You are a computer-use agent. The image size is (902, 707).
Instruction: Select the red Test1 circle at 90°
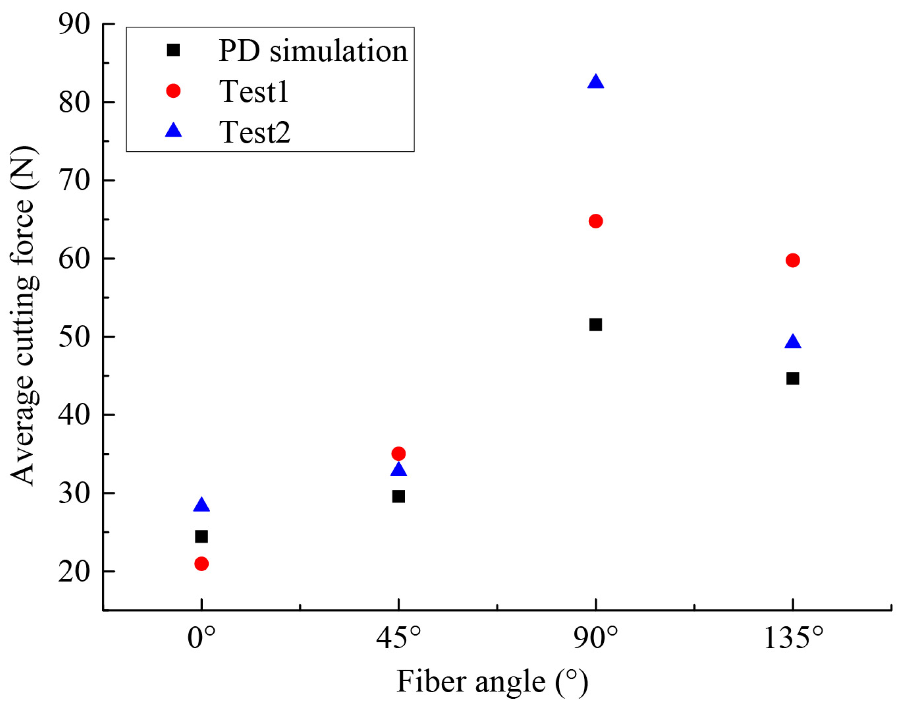tap(596, 221)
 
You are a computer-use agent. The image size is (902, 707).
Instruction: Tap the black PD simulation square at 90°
tap(596, 325)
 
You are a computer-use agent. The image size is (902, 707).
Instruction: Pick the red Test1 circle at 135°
tap(792, 260)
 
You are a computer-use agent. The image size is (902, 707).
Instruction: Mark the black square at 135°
tap(792, 379)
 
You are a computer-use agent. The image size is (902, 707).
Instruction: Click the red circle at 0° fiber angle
tap(201, 564)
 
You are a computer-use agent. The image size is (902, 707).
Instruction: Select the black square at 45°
tap(398, 497)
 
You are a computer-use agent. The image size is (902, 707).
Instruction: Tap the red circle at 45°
tap(398, 454)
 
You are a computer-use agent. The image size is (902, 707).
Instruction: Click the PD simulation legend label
tap(313, 51)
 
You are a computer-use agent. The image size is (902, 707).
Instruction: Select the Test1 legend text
tap(254, 91)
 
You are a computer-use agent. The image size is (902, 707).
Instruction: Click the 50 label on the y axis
tap(74, 337)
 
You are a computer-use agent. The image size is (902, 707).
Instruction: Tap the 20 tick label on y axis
tap(74, 571)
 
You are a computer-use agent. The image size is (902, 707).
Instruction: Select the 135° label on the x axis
tap(793, 639)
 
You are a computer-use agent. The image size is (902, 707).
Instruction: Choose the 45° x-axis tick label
tap(399, 639)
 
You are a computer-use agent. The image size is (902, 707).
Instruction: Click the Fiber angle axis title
tap(492, 682)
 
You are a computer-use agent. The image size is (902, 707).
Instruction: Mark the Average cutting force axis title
tap(23, 316)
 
